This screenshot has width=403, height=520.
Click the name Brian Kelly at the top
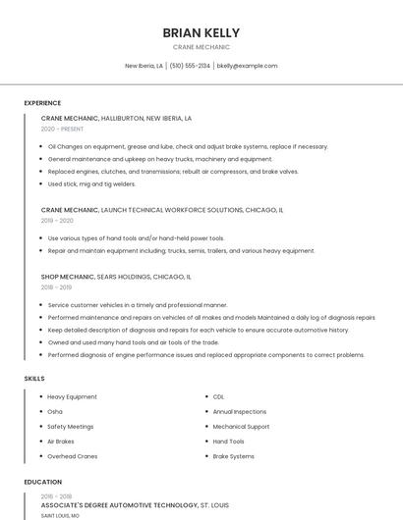(x=201, y=32)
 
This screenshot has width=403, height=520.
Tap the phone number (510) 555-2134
(x=190, y=66)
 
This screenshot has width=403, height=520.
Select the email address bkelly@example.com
(x=247, y=66)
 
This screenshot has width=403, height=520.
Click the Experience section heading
(x=42, y=103)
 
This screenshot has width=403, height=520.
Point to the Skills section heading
(x=34, y=378)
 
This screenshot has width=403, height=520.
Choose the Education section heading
(x=42, y=482)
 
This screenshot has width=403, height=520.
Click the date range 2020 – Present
(x=62, y=129)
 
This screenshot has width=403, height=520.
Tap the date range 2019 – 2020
(x=57, y=221)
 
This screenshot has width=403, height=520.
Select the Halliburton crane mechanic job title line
(x=116, y=118)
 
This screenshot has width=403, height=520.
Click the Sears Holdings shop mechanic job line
(x=116, y=277)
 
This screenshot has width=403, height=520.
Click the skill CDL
(x=218, y=396)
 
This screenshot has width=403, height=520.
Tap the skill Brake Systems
(x=233, y=456)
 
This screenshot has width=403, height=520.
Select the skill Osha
(x=55, y=411)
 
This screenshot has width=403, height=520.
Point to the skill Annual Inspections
(x=239, y=411)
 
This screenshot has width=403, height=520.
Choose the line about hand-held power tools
(x=136, y=238)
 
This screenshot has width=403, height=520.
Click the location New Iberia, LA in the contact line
(x=144, y=66)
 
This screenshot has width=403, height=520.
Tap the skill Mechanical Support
(x=241, y=427)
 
